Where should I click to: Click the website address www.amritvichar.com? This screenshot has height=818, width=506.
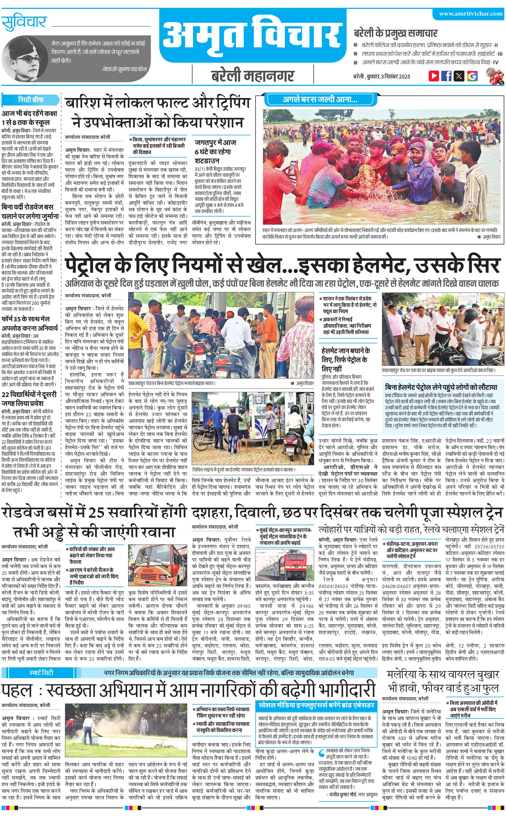[471, 14]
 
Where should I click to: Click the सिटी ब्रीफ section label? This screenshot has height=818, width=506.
[31, 100]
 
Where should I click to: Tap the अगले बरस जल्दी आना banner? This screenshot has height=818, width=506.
[320, 99]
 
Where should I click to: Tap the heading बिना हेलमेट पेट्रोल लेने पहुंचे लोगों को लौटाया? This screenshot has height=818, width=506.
[441, 387]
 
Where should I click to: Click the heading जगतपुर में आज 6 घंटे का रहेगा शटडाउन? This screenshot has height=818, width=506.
[215, 151]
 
